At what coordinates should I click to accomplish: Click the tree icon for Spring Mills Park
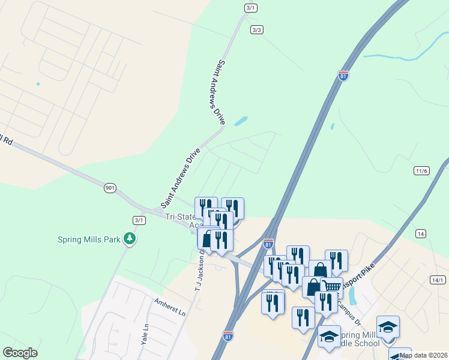[129, 239]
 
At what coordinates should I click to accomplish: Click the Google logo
[20, 353]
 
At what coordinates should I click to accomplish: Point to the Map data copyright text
[423, 355]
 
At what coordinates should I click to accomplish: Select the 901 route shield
[109, 188]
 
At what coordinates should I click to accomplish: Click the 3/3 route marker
[257, 29]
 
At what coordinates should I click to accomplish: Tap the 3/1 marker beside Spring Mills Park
[139, 220]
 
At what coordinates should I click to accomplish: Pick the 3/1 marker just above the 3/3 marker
[250, 8]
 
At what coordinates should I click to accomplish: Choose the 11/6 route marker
[421, 171]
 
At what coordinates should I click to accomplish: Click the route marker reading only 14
[420, 233]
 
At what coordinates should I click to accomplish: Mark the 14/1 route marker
[438, 280]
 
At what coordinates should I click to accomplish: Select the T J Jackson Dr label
[196, 273]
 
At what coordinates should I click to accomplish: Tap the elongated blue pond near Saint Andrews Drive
[241, 121]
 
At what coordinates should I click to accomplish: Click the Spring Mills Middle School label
[358, 339]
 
